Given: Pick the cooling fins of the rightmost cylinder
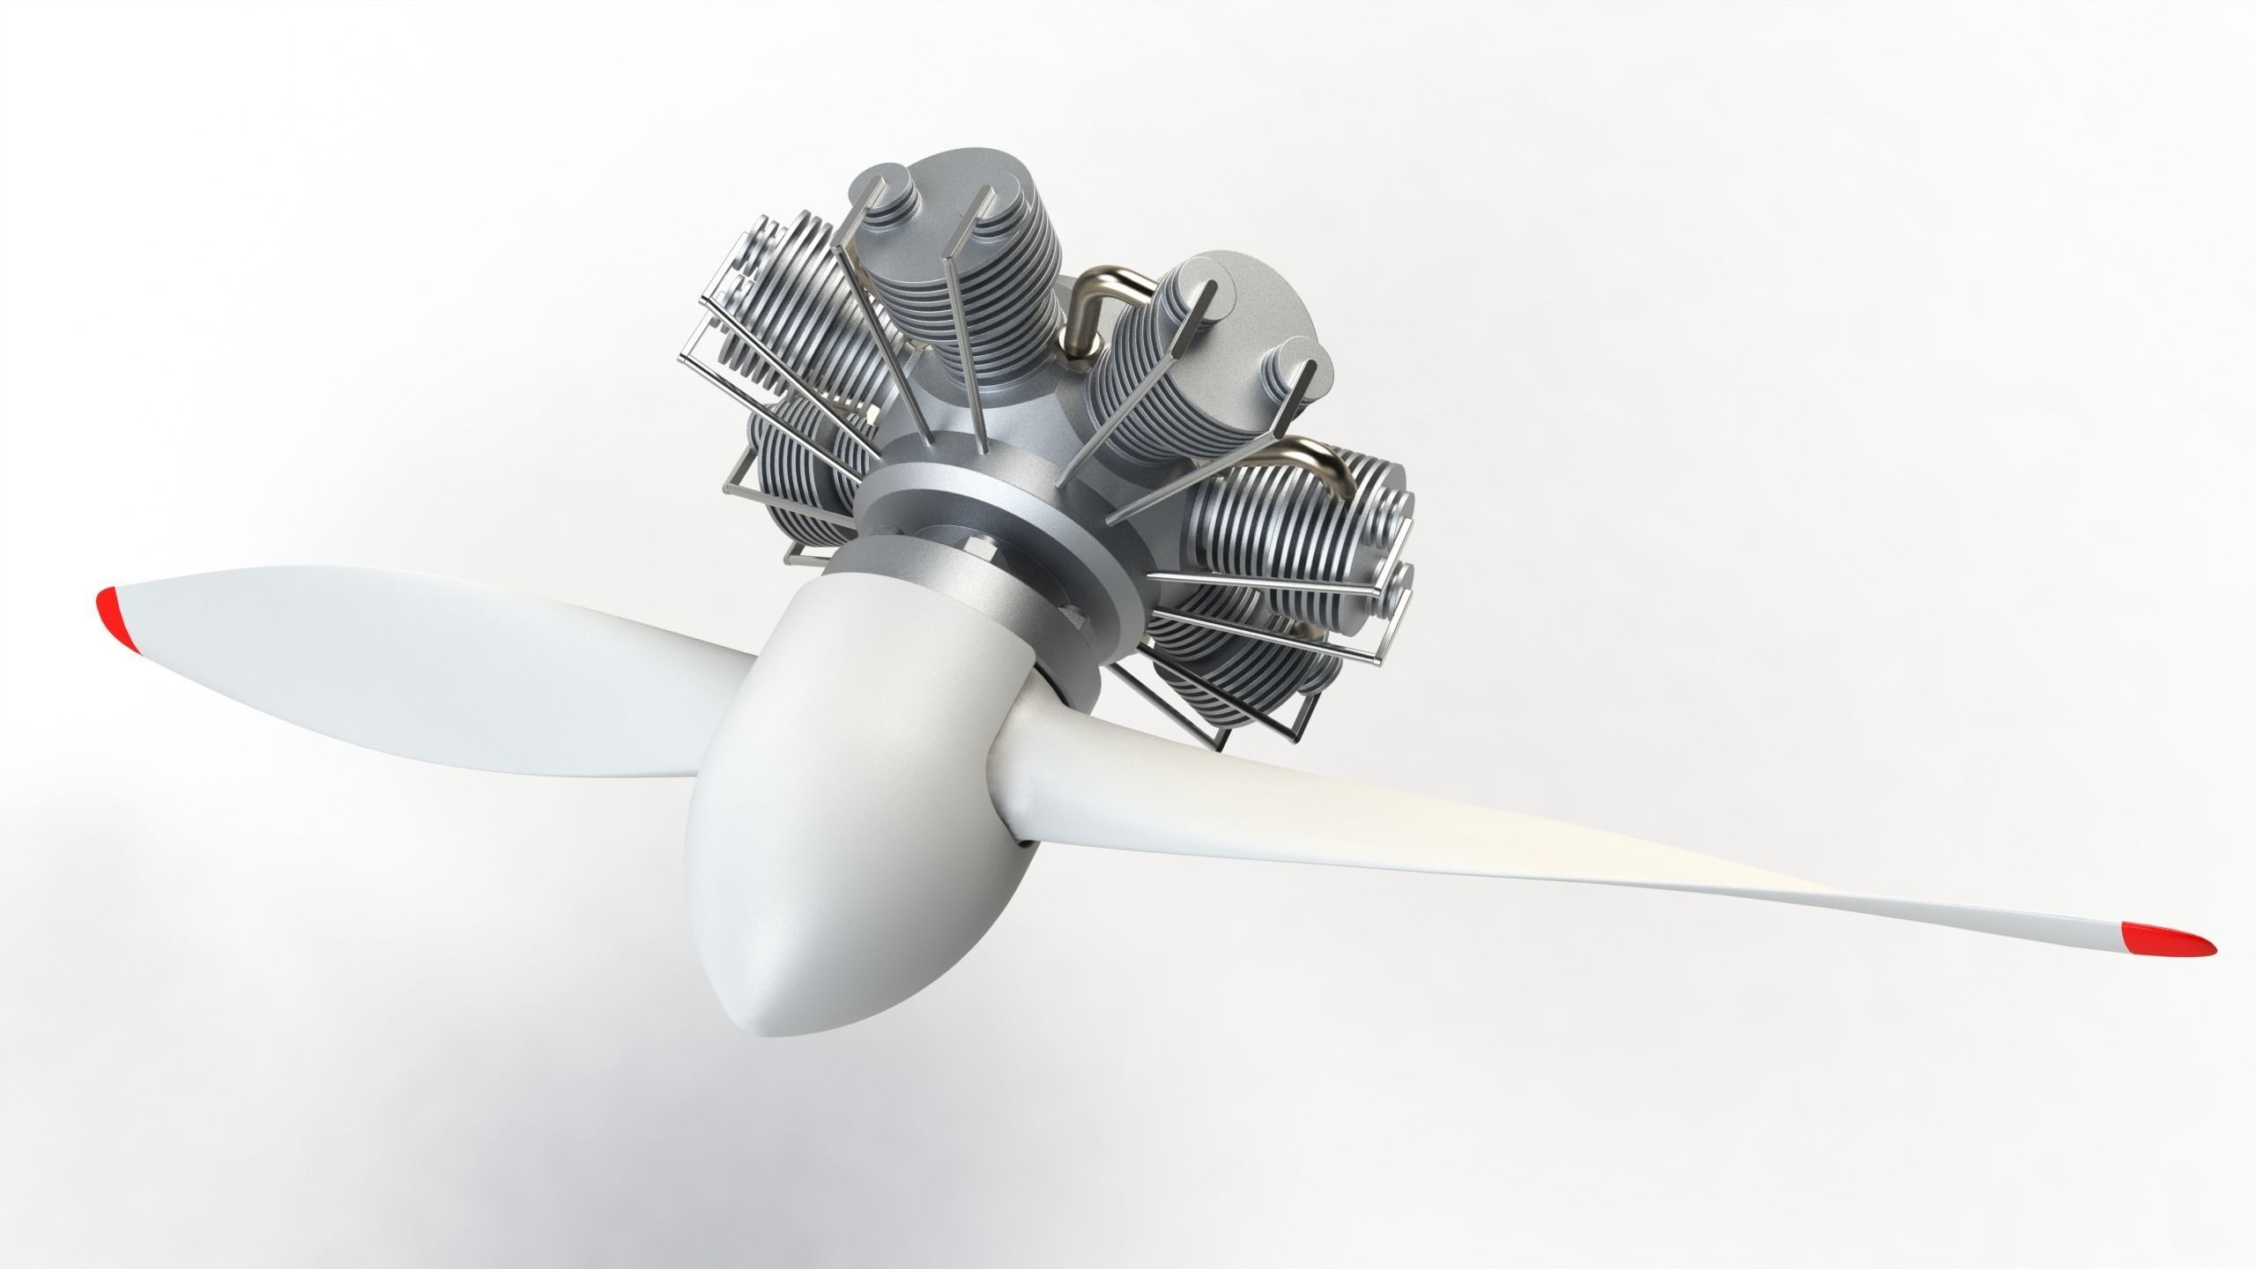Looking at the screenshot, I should pyautogui.click(x=1278, y=546).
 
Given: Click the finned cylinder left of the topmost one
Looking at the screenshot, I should pyautogui.click(x=775, y=308).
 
